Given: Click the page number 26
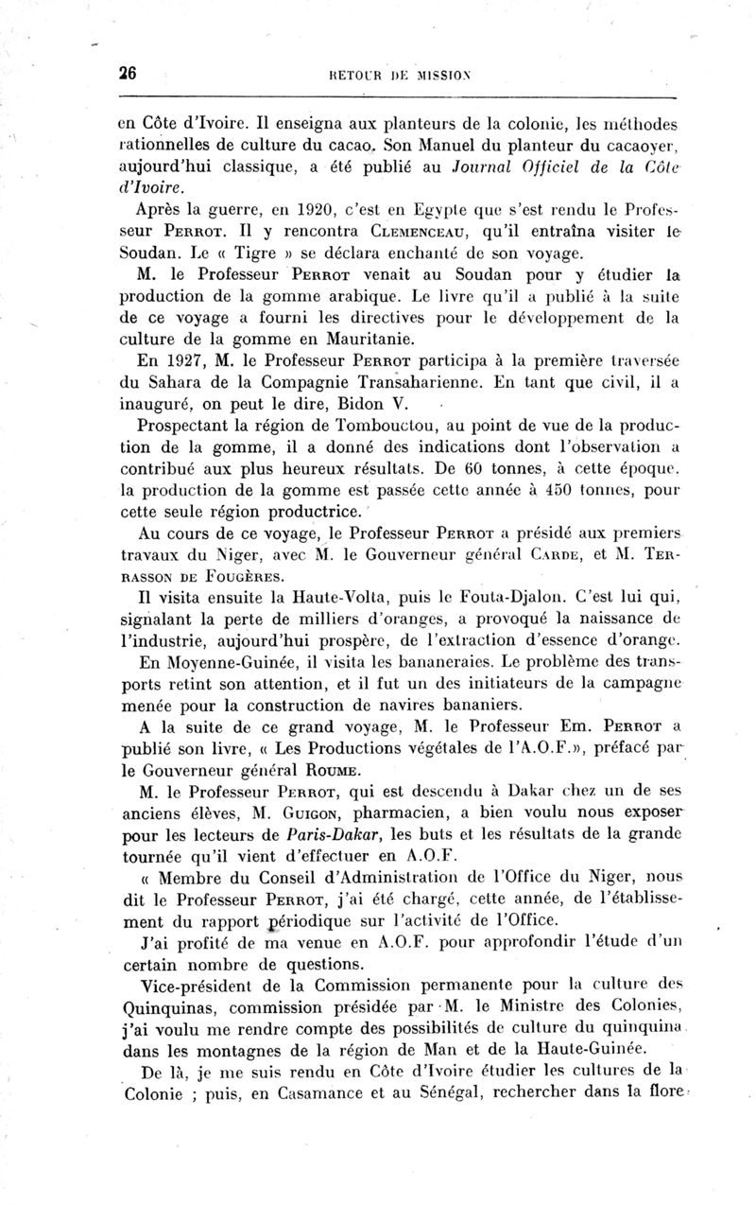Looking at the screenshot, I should pos(129,77).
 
